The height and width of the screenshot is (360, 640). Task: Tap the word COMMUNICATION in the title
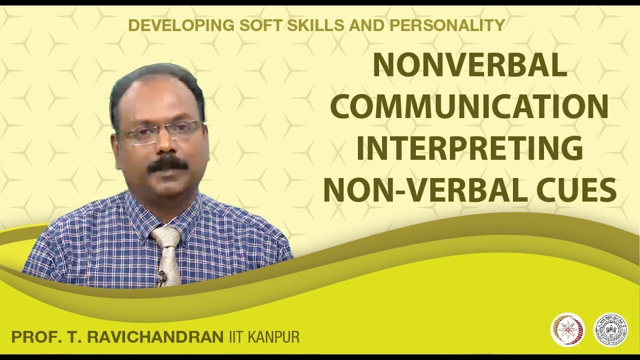(x=469, y=107)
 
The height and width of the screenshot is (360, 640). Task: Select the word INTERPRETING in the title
(x=469, y=148)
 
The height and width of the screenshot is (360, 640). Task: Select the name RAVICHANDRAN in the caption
(x=155, y=337)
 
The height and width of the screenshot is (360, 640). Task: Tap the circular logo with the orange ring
(x=567, y=329)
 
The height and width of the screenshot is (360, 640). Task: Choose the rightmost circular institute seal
(x=610, y=329)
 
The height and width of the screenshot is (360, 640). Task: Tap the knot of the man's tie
(x=167, y=236)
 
